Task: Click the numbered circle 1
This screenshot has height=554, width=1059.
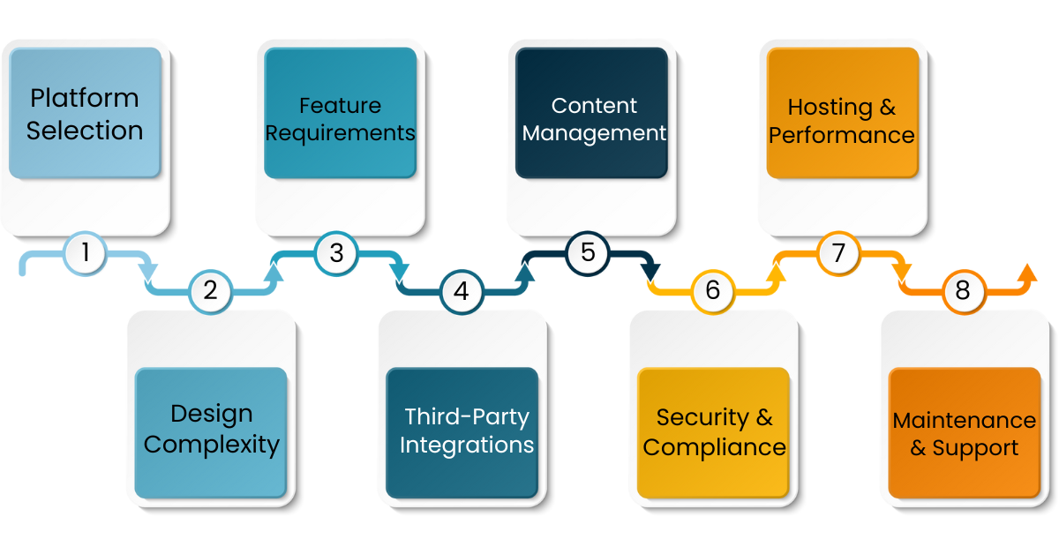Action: [86, 253]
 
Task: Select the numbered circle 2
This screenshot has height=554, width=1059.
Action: [210, 290]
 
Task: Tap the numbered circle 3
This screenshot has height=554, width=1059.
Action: [336, 253]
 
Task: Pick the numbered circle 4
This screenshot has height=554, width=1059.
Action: [462, 290]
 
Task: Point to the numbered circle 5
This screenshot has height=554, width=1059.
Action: [588, 253]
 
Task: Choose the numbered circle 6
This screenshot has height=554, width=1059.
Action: [713, 290]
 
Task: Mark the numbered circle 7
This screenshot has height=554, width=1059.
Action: [838, 253]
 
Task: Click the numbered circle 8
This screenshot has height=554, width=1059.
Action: [963, 290]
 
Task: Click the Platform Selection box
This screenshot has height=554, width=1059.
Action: [85, 113]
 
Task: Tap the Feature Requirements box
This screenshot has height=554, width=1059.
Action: [340, 113]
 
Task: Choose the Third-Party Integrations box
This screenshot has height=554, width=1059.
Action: [462, 432]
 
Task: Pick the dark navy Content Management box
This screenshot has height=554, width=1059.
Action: [591, 113]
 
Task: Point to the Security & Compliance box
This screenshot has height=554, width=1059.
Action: [714, 432]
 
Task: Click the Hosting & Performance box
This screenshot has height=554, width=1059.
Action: [842, 113]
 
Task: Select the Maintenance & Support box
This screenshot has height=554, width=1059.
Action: [965, 432]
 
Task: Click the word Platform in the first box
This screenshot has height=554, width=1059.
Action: [85, 97]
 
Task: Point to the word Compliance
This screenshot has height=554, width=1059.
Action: [714, 447]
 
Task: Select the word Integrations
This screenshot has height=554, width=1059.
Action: [467, 445]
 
